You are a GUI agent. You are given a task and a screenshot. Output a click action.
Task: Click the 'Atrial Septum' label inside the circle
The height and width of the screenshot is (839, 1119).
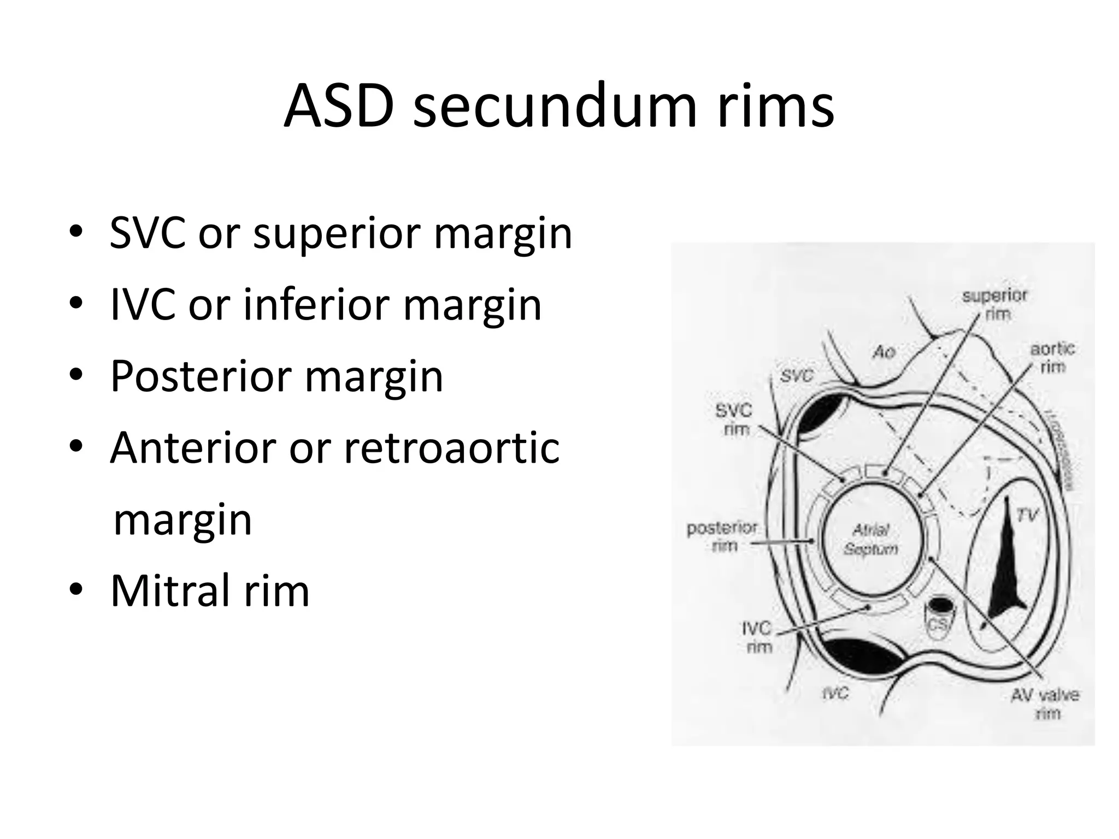[x=871, y=539]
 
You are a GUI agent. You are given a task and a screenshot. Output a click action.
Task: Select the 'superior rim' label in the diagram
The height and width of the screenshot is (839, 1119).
[x=994, y=305]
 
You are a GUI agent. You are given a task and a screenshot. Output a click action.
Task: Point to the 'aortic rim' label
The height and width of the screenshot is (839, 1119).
[x=1052, y=357]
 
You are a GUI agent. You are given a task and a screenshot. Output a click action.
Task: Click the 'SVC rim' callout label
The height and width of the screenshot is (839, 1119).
[x=734, y=419]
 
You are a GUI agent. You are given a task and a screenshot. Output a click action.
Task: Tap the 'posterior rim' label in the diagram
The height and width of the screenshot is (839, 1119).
[x=722, y=536]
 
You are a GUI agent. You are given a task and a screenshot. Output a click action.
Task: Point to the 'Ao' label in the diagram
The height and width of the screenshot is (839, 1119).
[x=884, y=352]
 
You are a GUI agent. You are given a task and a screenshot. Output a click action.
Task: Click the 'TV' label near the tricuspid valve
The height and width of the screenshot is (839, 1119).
[x=1027, y=515]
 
